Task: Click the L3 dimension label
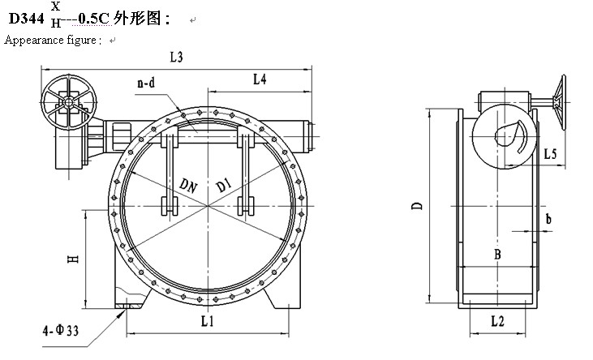(176, 57)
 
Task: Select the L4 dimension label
(260, 79)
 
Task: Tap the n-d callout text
(147, 82)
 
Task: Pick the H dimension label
(72, 259)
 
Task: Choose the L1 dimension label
(207, 322)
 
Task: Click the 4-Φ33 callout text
(62, 330)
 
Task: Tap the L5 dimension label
(550, 152)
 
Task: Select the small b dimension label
(548, 219)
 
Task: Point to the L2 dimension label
(497, 322)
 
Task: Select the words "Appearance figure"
(52, 40)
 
